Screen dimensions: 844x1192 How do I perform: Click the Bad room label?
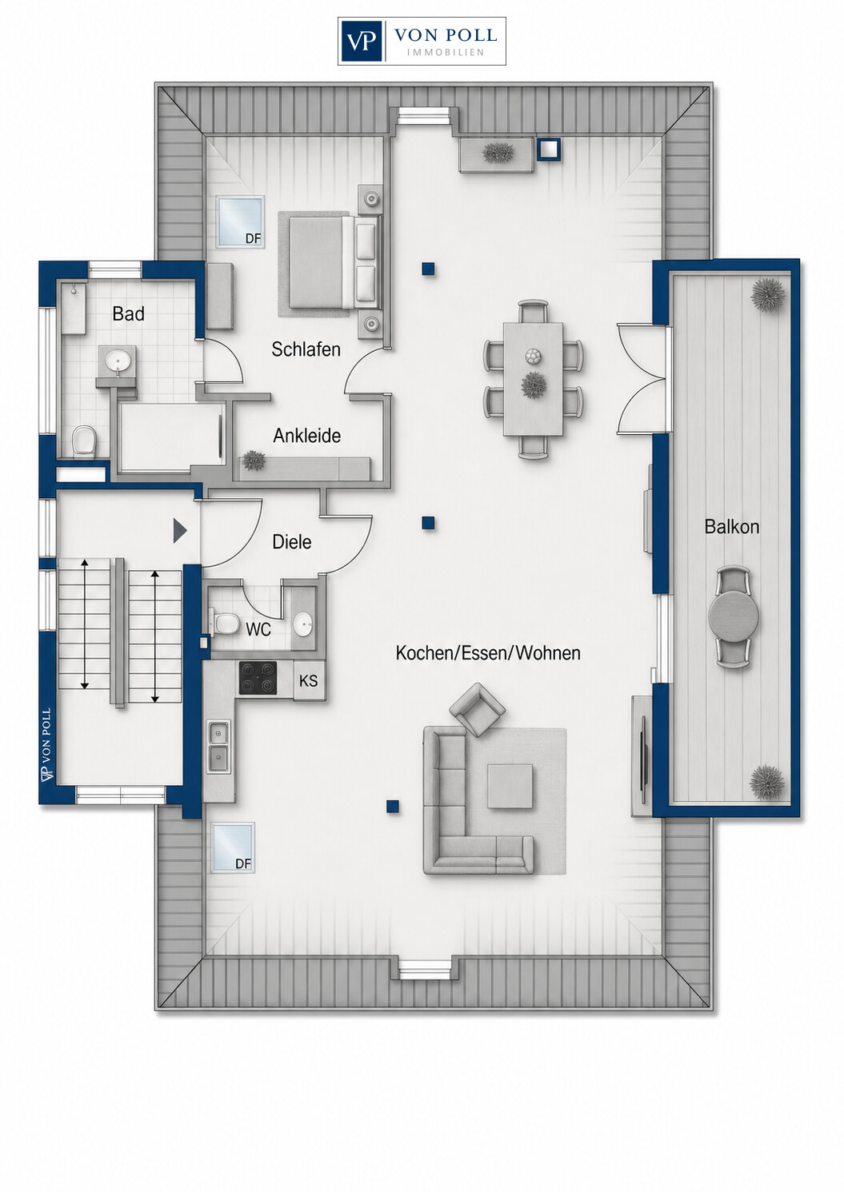[128, 314]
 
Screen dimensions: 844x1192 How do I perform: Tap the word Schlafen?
[306, 349]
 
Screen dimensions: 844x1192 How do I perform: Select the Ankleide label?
[306, 436]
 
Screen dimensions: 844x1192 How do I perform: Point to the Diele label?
[292, 542]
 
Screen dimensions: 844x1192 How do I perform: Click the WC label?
[258, 629]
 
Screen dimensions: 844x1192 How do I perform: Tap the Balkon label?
[732, 527]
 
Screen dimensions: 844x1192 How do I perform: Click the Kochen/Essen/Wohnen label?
[488, 653]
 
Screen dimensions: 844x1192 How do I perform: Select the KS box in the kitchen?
[309, 680]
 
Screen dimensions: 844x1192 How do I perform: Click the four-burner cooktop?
[258, 678]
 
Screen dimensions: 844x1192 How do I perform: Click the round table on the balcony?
[734, 617]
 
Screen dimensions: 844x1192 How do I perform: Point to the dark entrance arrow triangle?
[180, 531]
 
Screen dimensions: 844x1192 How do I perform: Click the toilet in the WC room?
[226, 623]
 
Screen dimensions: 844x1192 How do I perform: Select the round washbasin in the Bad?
[118, 361]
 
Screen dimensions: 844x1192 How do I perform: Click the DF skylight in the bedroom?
[240, 221]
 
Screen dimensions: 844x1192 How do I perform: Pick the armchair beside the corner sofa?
[477, 710]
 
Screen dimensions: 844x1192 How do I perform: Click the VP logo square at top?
[362, 42]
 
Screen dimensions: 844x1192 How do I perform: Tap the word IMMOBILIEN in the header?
[445, 53]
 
